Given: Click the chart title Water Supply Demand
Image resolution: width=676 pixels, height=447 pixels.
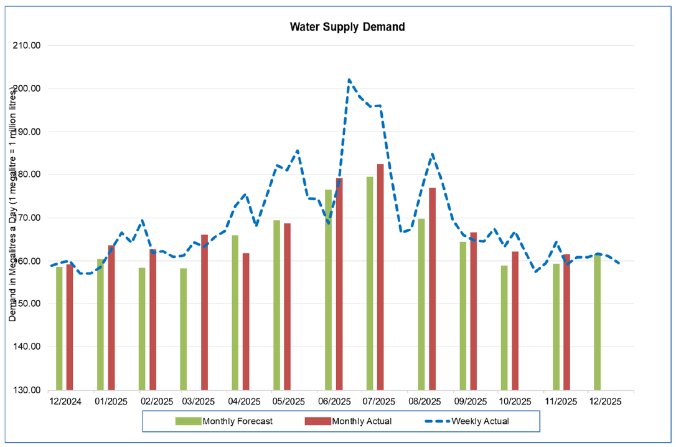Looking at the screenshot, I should tap(347, 27).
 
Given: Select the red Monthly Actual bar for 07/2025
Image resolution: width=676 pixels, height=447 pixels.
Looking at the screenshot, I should tap(380, 277).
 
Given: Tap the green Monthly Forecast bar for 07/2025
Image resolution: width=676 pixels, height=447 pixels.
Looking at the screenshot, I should tap(370, 284).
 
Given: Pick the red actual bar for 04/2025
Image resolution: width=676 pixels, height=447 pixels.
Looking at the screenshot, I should tap(246, 321).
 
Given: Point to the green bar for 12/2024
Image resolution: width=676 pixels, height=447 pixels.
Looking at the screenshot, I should tap(59, 329).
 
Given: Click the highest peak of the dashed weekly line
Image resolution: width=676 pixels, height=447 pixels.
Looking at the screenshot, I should tap(349, 80).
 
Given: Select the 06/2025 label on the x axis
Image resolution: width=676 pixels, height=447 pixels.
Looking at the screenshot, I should tap(334, 401).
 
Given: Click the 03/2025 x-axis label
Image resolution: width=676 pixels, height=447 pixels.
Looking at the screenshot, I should tap(199, 401).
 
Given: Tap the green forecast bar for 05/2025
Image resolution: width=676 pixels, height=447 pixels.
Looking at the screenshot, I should tap(277, 305).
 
